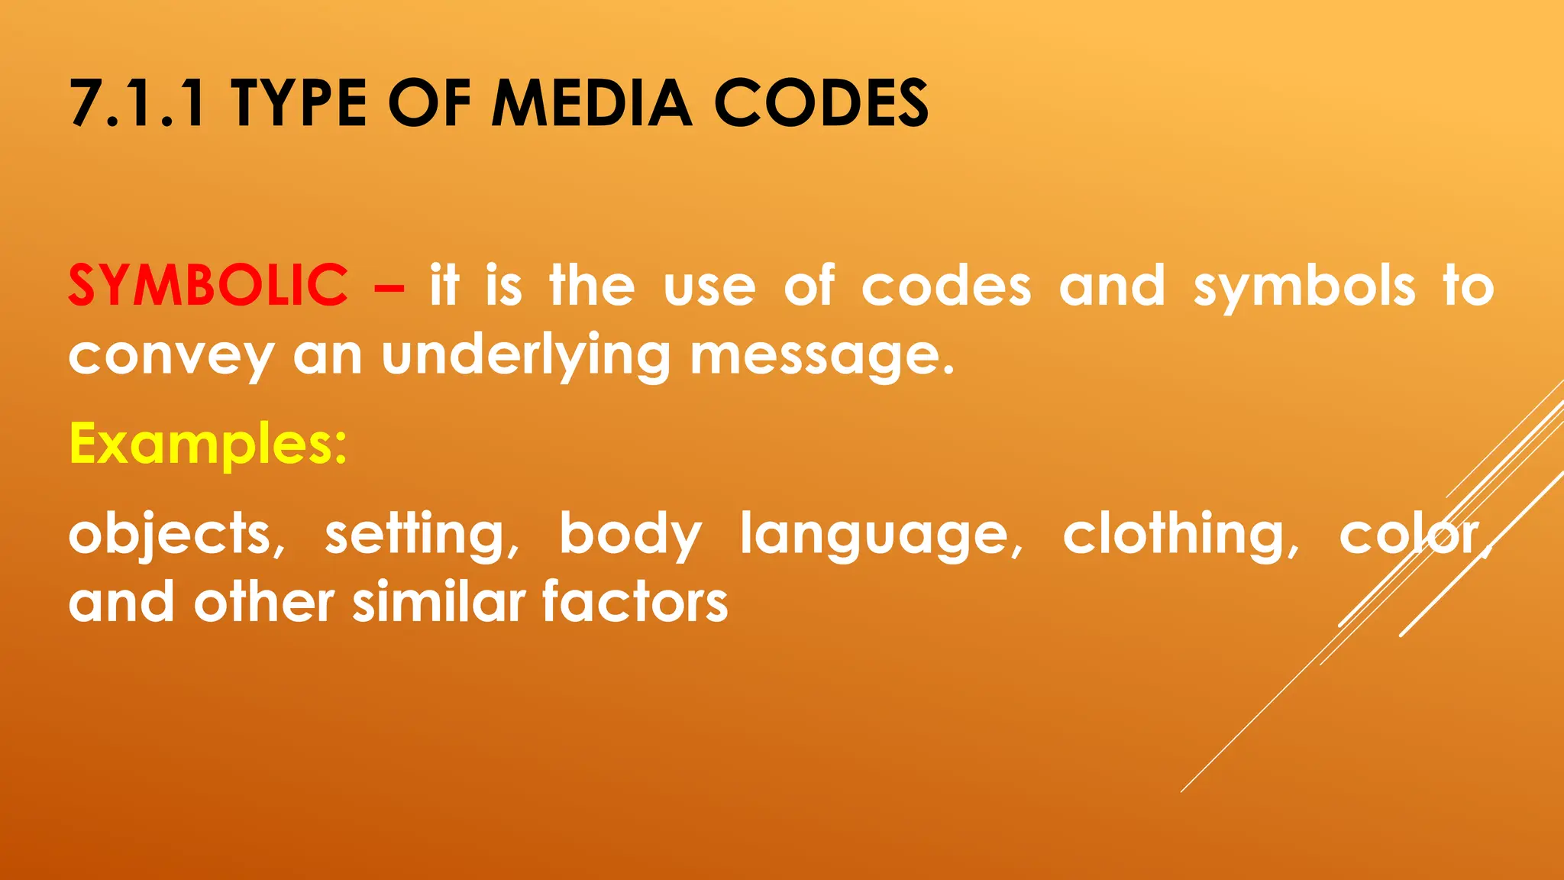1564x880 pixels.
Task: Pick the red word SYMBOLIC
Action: click(208, 286)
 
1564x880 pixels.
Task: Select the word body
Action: click(630, 535)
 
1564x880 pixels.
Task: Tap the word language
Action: click(881, 535)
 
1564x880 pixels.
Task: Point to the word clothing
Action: click(1181, 535)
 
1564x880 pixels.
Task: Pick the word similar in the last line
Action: click(439, 602)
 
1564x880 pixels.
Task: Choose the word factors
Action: click(635, 602)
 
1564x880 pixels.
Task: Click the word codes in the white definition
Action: click(946, 287)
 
